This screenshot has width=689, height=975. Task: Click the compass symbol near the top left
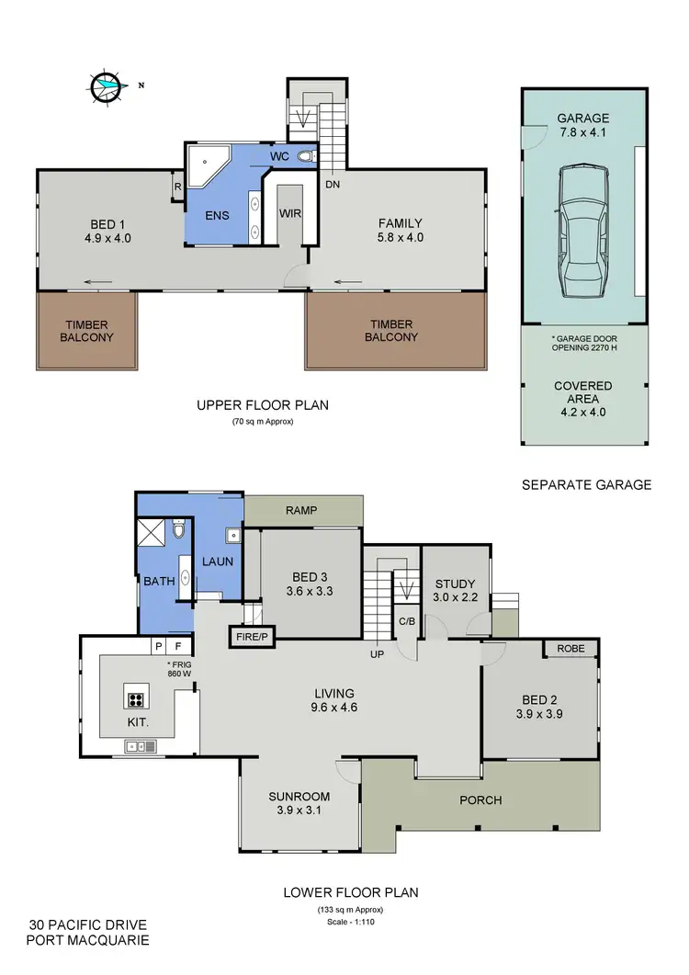[107, 86]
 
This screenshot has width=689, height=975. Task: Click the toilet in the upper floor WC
[306, 156]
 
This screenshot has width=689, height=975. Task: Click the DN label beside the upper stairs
[333, 184]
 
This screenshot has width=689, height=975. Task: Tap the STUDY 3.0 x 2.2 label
[455, 590]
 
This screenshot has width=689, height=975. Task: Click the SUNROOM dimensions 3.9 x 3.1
[299, 811]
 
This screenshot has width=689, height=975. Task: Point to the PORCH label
[481, 799]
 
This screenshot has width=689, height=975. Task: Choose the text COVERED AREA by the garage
[582, 392]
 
